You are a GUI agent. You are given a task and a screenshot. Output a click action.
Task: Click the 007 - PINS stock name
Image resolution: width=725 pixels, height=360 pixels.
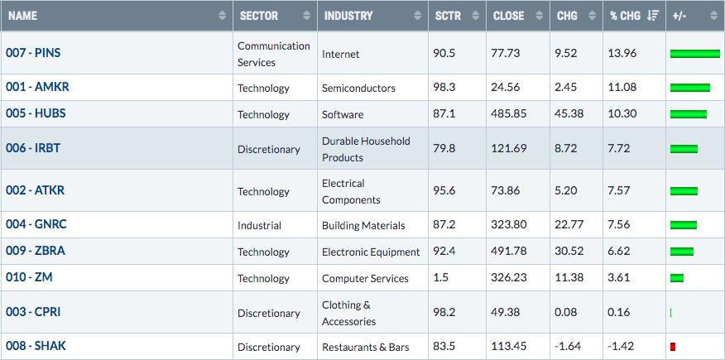[x=33, y=53]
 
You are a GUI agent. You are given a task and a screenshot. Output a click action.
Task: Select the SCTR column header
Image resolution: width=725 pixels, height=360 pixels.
[x=448, y=16]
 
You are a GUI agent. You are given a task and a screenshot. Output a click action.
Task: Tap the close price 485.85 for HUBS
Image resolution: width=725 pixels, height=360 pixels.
[x=509, y=113]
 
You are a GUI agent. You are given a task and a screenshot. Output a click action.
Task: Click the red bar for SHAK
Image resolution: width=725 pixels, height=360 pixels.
[x=673, y=346]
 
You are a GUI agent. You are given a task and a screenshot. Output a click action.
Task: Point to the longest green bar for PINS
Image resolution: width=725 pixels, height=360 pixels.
[x=695, y=54]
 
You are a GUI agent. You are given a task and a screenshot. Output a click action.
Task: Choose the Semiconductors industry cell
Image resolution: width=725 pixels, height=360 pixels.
[x=359, y=88]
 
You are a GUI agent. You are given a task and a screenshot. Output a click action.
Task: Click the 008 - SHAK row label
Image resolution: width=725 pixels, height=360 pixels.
[x=36, y=346]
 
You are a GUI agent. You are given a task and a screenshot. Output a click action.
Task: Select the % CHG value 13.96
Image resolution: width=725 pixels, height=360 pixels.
[x=622, y=53]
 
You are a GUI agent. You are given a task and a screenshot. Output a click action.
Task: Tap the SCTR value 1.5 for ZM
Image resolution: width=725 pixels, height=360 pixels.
[x=440, y=278]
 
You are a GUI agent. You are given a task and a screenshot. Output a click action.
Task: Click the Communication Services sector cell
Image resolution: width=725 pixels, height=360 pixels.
[x=274, y=54]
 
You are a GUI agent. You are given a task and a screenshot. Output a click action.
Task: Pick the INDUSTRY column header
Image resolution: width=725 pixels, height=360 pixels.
[x=348, y=16]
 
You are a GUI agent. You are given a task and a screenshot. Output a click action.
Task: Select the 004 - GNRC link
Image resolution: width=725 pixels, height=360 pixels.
[x=36, y=224]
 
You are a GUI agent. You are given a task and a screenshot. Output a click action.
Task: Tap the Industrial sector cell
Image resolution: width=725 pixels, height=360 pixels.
[x=259, y=226]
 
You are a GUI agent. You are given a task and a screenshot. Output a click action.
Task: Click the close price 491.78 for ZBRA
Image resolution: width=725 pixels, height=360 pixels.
[x=509, y=252]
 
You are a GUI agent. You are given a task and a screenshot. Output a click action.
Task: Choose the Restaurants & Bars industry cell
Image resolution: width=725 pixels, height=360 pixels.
[x=366, y=347]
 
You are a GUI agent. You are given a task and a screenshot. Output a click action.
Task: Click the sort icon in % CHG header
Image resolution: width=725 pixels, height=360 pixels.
[x=653, y=16]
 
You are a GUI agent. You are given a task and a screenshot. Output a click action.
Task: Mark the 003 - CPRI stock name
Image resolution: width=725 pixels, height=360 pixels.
[x=33, y=312]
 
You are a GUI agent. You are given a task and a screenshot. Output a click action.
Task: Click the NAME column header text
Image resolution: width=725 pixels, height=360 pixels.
[x=22, y=16]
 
